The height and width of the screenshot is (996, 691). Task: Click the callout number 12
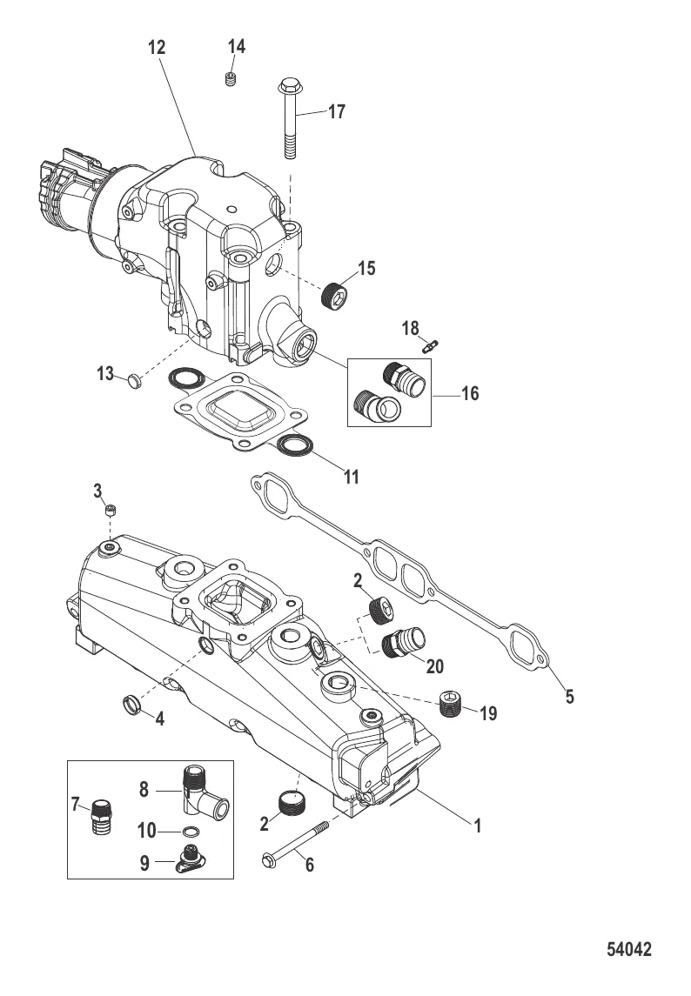pyautogui.click(x=157, y=48)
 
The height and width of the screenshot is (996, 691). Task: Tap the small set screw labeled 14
pyautogui.click(x=231, y=79)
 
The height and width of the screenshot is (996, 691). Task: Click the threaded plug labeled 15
pyautogui.click(x=336, y=295)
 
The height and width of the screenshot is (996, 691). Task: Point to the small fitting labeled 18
pyautogui.click(x=431, y=346)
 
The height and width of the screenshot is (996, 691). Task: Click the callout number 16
pyautogui.click(x=470, y=394)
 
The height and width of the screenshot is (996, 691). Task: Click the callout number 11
pyautogui.click(x=352, y=477)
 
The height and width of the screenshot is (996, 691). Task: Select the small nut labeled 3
pyautogui.click(x=111, y=510)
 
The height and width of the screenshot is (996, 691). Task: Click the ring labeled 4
pyautogui.click(x=131, y=704)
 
